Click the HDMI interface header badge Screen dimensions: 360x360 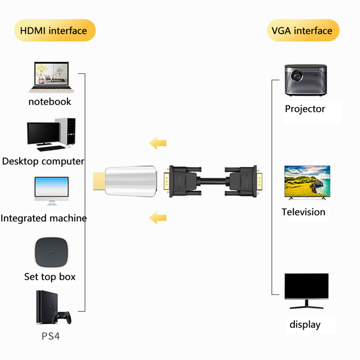coord(54,31)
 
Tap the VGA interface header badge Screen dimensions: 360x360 coord(302,31)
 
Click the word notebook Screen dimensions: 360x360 coord(50,102)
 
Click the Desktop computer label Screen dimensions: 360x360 coord(43,161)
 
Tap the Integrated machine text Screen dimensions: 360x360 coord(44,219)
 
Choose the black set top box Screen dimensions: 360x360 coord(52,252)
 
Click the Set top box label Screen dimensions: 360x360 coord(50,277)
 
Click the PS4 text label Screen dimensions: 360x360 coord(50,336)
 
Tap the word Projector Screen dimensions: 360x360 coord(305,109)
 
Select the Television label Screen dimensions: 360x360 coord(304,212)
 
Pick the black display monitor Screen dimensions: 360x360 coord(306,290)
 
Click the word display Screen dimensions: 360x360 coord(305,324)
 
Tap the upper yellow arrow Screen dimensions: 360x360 coord(158,144)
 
